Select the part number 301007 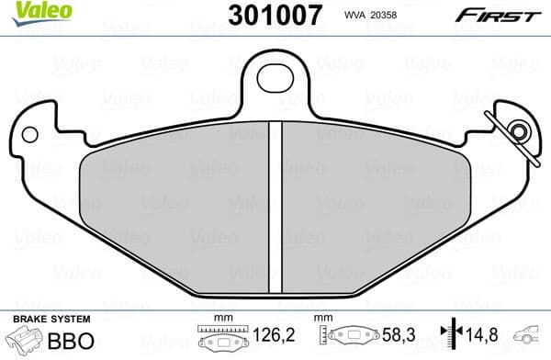pyautogui.click(x=266, y=15)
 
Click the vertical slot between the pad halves pyautogui.click(x=275, y=202)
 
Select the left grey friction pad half pyautogui.click(x=175, y=202)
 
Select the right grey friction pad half pyautogui.click(x=372, y=202)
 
